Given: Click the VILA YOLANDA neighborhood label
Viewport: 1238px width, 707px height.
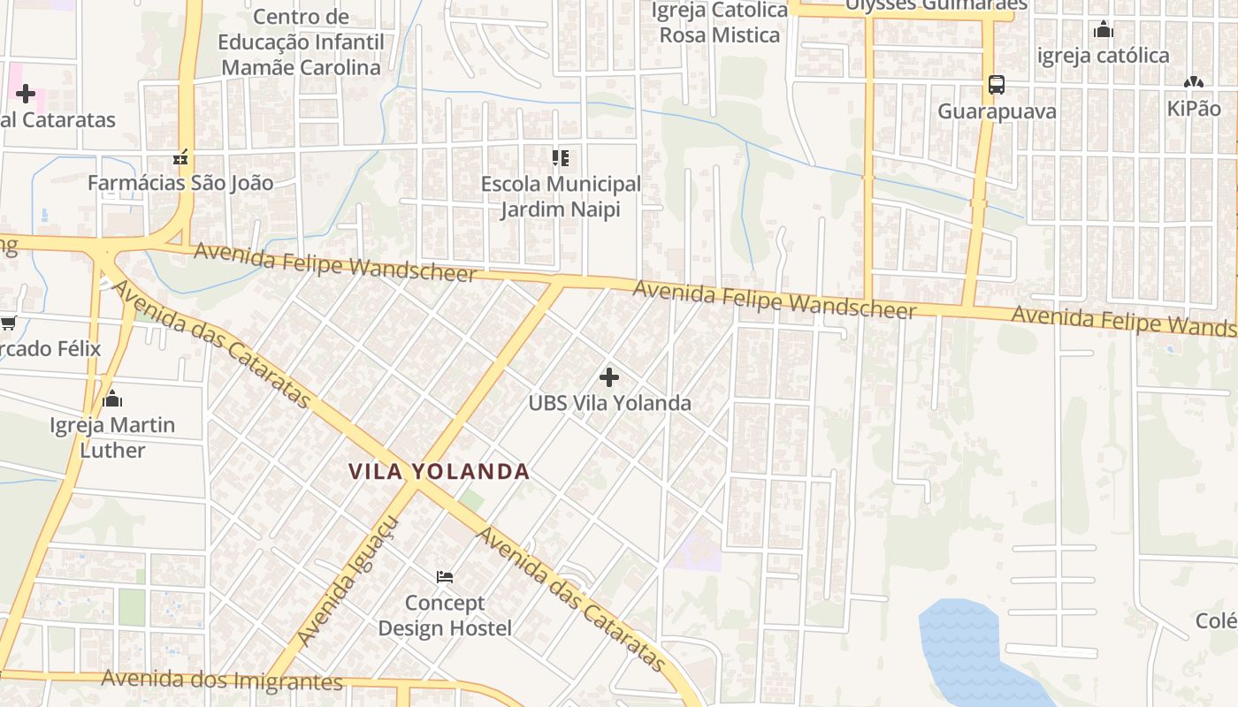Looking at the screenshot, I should pos(439,472).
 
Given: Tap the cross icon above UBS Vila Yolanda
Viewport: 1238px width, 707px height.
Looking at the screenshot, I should pos(608,377).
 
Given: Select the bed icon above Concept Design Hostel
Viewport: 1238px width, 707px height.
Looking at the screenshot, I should pos(445,577).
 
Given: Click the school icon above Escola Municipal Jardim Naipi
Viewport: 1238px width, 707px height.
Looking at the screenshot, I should pos(561,158).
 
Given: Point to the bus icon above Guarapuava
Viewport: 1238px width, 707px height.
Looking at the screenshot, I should pos(997,85).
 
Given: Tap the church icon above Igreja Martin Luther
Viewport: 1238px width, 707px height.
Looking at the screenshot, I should pos(112,399).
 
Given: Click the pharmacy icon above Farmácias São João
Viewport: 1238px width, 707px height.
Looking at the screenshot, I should pos(180,158).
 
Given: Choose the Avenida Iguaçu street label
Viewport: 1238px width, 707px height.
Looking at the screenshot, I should pos(348,580).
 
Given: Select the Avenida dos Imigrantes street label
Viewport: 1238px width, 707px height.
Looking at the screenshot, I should pos(221,680).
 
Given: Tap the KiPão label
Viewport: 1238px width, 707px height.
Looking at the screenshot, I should pos(1193,108).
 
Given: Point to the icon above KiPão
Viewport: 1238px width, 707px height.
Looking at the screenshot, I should pos(1193,82).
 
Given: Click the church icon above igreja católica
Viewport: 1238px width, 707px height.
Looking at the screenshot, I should pos(1103,30).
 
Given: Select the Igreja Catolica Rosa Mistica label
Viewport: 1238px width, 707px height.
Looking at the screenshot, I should pos(720,23).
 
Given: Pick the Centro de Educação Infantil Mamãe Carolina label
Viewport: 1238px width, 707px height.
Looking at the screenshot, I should pos(301,42).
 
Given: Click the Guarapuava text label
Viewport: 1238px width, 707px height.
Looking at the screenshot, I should pos(997,111).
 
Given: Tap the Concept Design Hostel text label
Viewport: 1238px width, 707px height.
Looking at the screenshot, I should pos(445,615).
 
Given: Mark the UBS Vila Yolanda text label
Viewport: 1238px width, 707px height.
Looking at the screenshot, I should pos(609,403).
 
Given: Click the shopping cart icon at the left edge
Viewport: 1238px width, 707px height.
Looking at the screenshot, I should pos(8,323).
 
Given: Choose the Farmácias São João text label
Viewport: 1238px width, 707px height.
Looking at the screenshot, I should pos(180,183).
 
